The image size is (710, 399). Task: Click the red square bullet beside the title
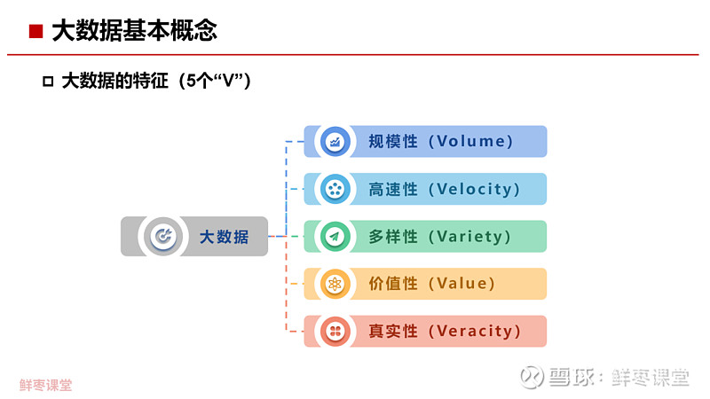(x=35, y=31)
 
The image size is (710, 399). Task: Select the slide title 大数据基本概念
(x=135, y=31)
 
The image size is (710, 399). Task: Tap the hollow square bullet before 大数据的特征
(x=48, y=82)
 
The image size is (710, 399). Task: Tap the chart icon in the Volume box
(x=335, y=142)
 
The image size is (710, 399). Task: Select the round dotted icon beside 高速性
(x=335, y=189)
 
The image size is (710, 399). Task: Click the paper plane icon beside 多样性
(x=335, y=236)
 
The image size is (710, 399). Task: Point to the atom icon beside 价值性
(x=335, y=284)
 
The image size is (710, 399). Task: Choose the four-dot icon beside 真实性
(x=335, y=331)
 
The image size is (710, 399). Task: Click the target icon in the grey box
(x=163, y=236)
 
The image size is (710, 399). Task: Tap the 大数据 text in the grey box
(x=225, y=237)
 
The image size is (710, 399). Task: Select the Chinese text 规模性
(x=393, y=141)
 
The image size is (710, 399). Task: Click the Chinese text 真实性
(x=393, y=331)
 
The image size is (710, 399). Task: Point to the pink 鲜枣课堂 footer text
(x=46, y=385)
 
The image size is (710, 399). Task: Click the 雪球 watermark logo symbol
(x=532, y=376)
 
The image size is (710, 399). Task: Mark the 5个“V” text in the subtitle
(x=216, y=82)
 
